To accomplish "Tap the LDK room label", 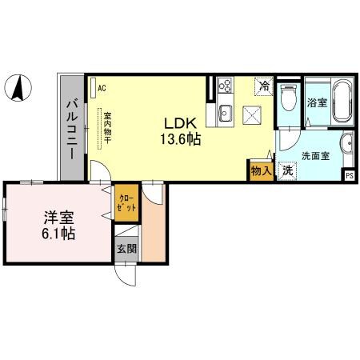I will tap(180, 124).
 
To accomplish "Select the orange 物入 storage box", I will tap(260, 170).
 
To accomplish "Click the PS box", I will tap(349, 175).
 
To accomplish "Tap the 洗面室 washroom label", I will tap(315, 156).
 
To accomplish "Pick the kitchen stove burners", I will tap(223, 85).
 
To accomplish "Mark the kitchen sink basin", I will tap(224, 113).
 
